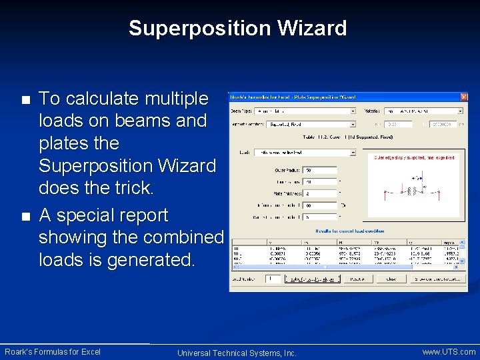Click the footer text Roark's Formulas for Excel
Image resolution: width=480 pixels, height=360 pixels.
53,351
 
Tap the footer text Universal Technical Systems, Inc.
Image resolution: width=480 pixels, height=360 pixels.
237,353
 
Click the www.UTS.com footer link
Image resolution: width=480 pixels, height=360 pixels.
449,351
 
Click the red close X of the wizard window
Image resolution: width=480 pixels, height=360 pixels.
463,97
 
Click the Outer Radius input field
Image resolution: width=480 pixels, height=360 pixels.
319,170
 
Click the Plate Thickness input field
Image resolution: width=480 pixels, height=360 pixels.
319,193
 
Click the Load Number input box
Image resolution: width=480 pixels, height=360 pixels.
272,279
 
